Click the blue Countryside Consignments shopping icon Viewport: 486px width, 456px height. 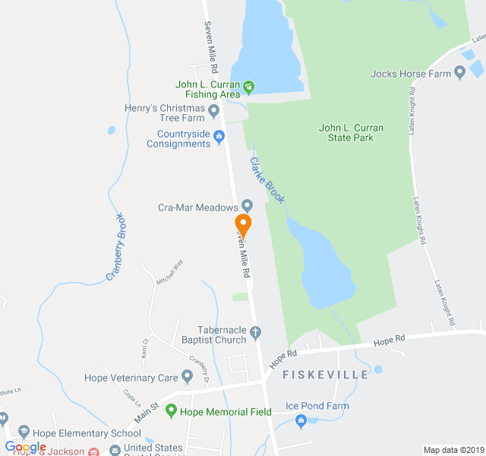click(219, 137)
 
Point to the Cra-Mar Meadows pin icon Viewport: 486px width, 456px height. click(247, 206)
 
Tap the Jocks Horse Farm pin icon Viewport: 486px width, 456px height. click(459, 73)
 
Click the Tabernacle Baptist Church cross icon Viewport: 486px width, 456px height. click(256, 331)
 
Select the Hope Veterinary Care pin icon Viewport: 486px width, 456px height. click(187, 377)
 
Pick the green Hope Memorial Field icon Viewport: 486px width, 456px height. click(171, 411)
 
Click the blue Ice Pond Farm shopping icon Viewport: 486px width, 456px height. click(301, 420)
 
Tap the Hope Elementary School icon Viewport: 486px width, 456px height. click(24, 432)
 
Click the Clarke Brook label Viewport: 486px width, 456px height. click(268, 180)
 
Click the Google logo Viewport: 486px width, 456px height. click(25, 447)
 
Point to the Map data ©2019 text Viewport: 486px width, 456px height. click(452, 450)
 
